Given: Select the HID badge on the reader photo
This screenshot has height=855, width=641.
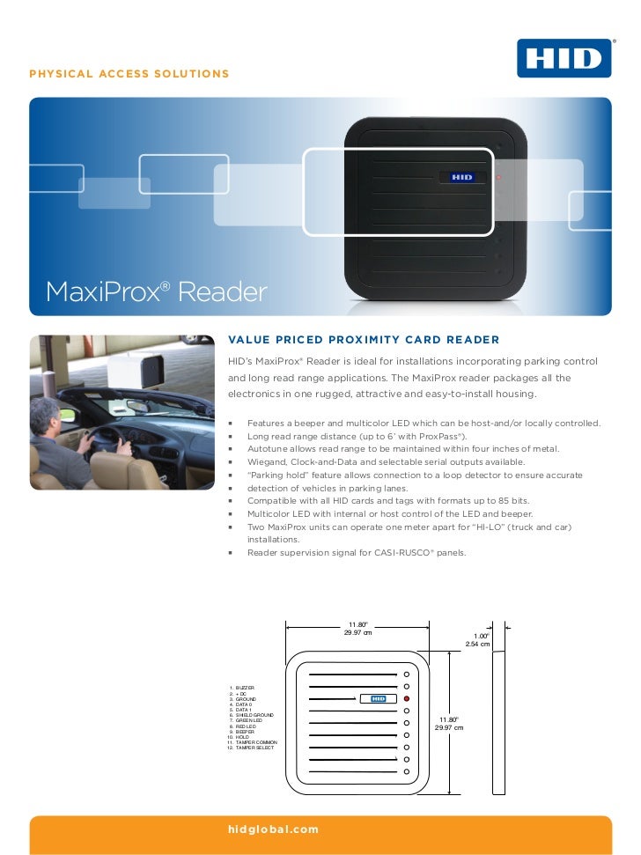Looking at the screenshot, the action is (x=461, y=178).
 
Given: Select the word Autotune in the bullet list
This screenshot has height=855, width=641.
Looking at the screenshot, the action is (x=265, y=449).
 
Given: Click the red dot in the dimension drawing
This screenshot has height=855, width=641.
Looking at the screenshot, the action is (x=407, y=697).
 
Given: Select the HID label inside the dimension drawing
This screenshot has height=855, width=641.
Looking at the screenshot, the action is (x=376, y=698).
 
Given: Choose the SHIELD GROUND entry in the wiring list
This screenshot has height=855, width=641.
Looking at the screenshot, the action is (x=254, y=714).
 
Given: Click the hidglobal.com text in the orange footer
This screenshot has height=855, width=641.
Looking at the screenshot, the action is (x=273, y=829).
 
